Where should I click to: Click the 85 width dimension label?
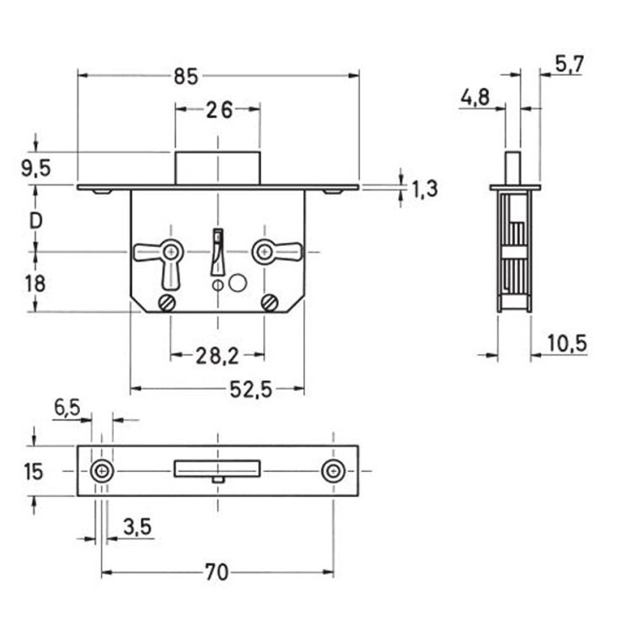185,77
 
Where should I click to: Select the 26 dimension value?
218,110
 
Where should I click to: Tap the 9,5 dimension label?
35,169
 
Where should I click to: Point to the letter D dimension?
35,221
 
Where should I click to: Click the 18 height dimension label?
35,283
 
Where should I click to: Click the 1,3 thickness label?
425,189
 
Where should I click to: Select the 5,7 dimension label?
570,65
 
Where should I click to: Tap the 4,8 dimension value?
474,98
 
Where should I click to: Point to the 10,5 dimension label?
566,343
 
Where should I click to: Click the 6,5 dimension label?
67,408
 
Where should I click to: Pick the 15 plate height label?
33,471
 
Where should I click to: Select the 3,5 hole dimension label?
137,528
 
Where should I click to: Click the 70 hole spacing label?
217,573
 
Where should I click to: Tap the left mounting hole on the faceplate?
103,472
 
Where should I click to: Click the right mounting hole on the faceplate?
332,472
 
